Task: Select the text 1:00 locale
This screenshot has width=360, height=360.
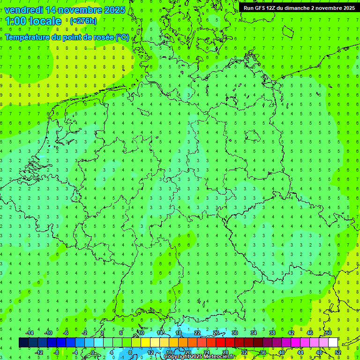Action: click(33, 21)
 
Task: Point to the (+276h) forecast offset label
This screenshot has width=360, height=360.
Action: click(83, 21)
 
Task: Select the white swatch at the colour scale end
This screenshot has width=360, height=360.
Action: click(333, 343)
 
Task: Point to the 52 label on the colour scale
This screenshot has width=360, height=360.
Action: click(338, 352)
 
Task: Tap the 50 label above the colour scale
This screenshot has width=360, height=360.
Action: click(328, 333)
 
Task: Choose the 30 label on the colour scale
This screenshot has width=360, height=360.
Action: click(234, 333)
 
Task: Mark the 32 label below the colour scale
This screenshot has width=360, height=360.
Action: click(244, 352)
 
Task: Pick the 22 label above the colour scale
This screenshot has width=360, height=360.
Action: click(197, 333)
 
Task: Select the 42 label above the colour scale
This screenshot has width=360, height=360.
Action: click(291, 333)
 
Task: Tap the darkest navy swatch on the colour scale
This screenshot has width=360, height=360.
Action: click(23, 343)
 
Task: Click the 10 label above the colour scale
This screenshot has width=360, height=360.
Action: click(141, 333)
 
